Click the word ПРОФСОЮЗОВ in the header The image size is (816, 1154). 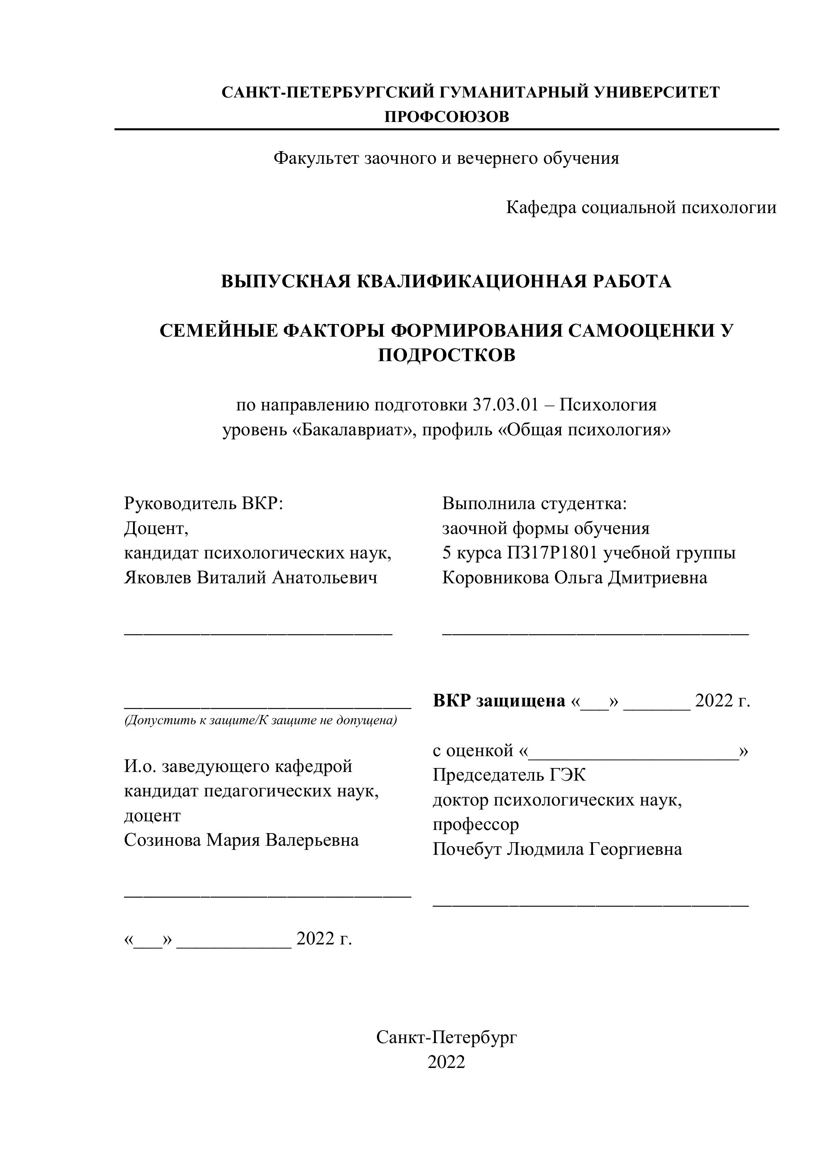[x=446, y=117]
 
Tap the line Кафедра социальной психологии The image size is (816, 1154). [x=641, y=207]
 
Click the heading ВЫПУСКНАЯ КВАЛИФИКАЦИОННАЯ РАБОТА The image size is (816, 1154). [x=446, y=281]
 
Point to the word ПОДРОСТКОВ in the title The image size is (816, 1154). [x=446, y=355]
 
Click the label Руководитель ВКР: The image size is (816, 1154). [x=204, y=504]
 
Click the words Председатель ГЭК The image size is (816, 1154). [x=509, y=775]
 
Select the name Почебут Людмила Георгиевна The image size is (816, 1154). [x=557, y=849]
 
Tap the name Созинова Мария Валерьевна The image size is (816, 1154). [x=241, y=840]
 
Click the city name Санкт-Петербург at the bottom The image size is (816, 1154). [x=446, y=1037]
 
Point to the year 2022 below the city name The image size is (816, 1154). [x=446, y=1062]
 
